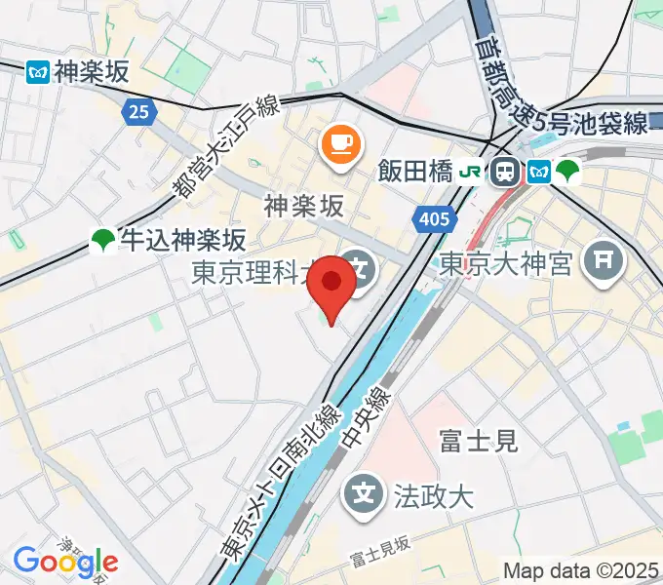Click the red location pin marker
[x=331, y=283]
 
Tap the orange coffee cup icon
[x=338, y=145]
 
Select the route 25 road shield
[x=139, y=111]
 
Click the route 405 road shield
[x=431, y=219]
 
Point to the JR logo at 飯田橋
[x=472, y=173]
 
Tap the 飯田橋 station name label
[x=414, y=173]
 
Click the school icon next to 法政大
[x=365, y=493]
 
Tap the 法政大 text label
[x=433, y=495]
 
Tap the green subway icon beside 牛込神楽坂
[x=101, y=240]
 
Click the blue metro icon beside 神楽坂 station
[x=38, y=71]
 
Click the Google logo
[x=66, y=563]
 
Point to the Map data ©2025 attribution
[x=581, y=570]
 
